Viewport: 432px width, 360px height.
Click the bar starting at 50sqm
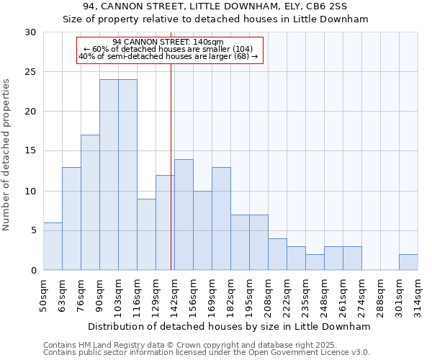pyautogui.click(x=53, y=246)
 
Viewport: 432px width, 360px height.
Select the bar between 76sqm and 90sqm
pyautogui.click(x=90, y=202)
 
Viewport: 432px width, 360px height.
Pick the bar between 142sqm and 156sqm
pyautogui.click(x=184, y=215)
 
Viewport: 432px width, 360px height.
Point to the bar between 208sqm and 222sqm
pyautogui.click(x=277, y=254)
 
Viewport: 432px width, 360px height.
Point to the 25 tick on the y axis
pyautogui.click(x=31, y=72)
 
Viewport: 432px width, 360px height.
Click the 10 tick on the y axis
pyautogui.click(x=31, y=191)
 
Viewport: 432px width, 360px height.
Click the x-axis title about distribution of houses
pyautogui.click(x=230, y=326)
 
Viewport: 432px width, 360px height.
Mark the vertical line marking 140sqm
pyautogui.click(x=171, y=166)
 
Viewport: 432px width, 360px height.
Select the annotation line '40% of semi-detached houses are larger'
pyautogui.click(x=168, y=56)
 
